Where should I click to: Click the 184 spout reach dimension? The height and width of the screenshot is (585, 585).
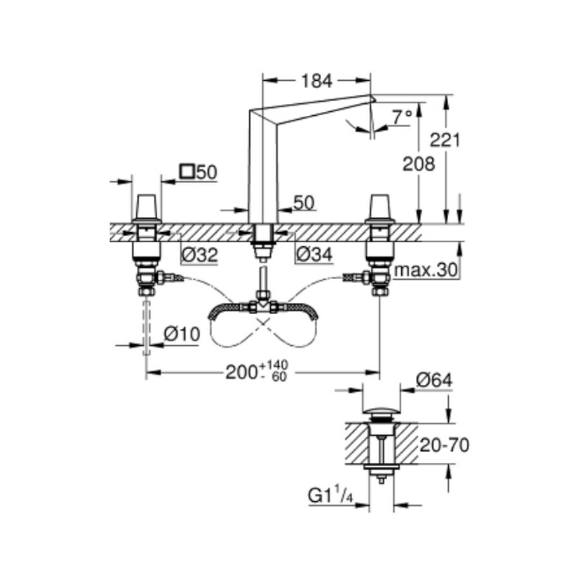tap(316, 81)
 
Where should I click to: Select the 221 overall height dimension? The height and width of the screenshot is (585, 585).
tap(445, 140)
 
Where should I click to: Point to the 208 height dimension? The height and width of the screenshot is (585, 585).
tap(419, 164)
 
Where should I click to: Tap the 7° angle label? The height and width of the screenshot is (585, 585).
tap(402, 118)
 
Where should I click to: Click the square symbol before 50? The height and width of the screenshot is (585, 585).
tap(187, 171)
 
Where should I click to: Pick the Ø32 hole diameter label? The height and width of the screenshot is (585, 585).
tap(199, 256)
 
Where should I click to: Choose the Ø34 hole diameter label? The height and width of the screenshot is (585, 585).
tap(314, 255)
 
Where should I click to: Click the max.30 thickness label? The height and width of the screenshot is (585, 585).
tap(426, 270)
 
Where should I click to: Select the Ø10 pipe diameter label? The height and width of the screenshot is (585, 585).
tap(182, 334)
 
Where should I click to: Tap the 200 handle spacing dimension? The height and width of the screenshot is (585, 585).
tap(257, 371)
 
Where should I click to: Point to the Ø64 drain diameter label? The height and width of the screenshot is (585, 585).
tap(434, 380)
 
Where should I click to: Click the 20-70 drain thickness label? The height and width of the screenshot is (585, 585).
tap(445, 445)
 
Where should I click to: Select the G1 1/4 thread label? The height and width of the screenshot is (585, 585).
tap(331, 496)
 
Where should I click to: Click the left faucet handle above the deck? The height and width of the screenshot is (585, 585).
tap(147, 208)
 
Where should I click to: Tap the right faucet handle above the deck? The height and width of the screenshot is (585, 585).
tap(380, 208)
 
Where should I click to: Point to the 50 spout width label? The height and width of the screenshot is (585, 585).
tap(304, 202)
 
